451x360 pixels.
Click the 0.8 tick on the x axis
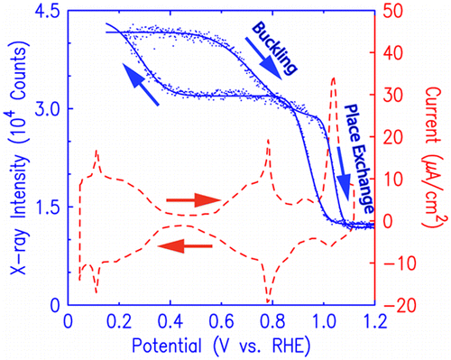pyautogui.click(x=270, y=321)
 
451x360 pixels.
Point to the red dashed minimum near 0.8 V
pyautogui.click(x=268, y=300)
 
